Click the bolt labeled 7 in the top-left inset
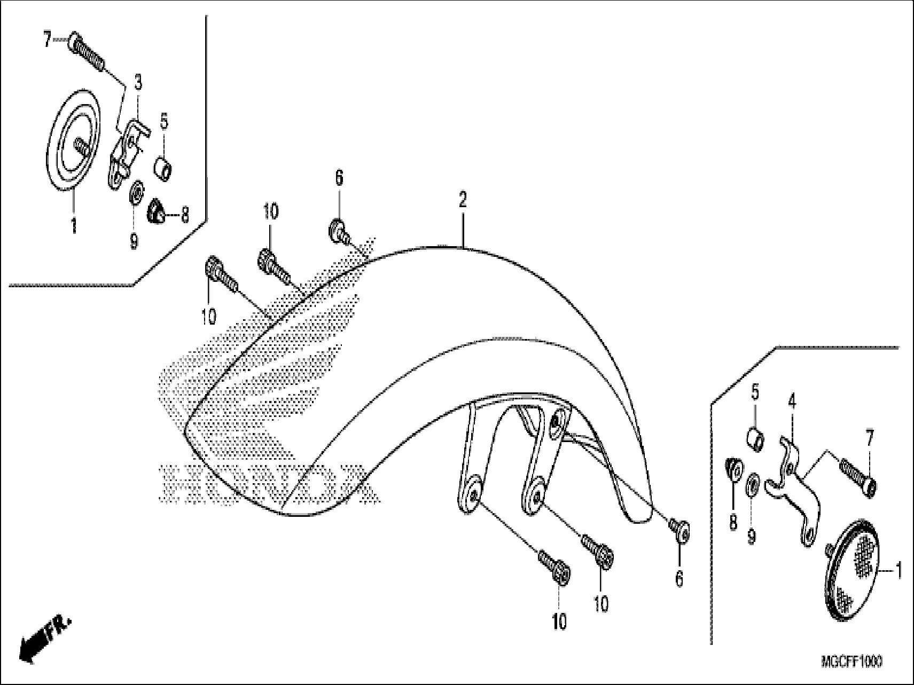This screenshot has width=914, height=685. [x=87, y=52]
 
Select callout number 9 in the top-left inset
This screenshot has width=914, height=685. [x=134, y=241]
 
